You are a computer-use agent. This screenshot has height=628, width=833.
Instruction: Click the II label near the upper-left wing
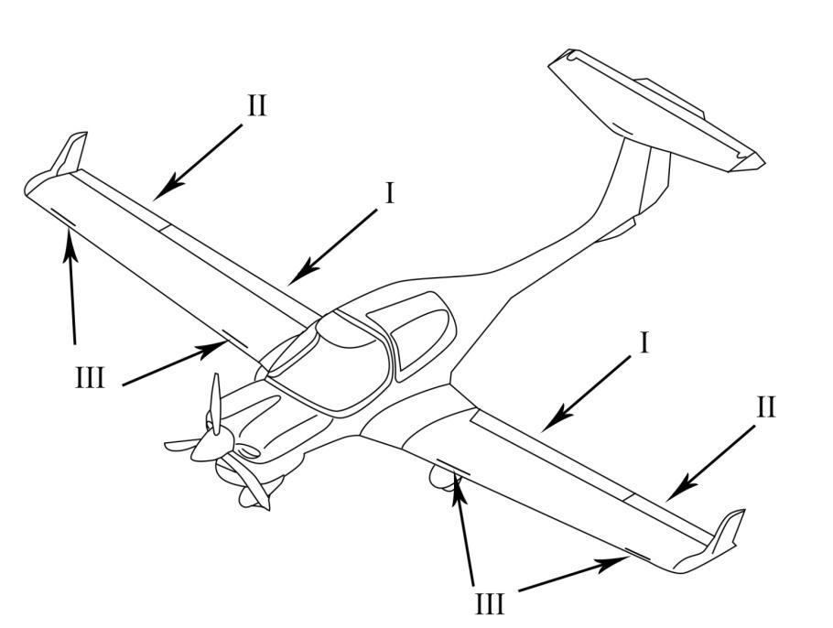point(256,105)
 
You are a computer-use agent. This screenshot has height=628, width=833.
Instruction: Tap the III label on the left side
point(90,378)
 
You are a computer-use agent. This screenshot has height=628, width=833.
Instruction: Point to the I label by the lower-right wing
point(644,342)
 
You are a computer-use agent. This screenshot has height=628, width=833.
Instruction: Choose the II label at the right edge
point(765,407)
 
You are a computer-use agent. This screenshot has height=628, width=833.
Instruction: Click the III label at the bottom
point(489,604)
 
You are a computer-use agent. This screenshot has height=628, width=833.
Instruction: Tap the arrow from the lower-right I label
point(588,393)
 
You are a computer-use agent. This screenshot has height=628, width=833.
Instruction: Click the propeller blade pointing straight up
point(215,404)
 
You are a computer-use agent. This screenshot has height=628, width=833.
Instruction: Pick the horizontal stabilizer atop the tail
point(656,111)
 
